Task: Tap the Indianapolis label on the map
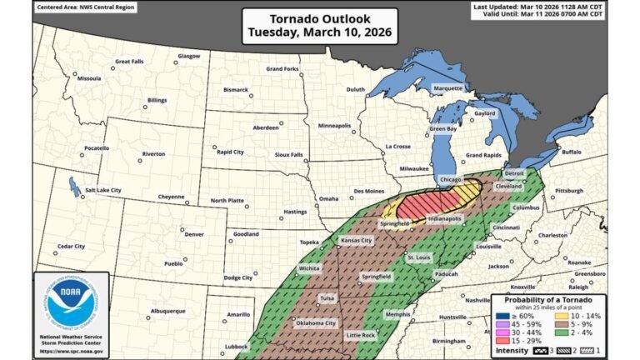click(x=444, y=219)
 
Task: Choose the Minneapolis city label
click(x=334, y=125)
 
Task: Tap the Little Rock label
click(x=361, y=335)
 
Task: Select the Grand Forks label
click(x=282, y=68)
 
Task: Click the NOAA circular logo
click(x=72, y=301)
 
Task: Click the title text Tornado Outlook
click(x=320, y=18)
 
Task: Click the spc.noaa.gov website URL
click(x=72, y=351)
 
